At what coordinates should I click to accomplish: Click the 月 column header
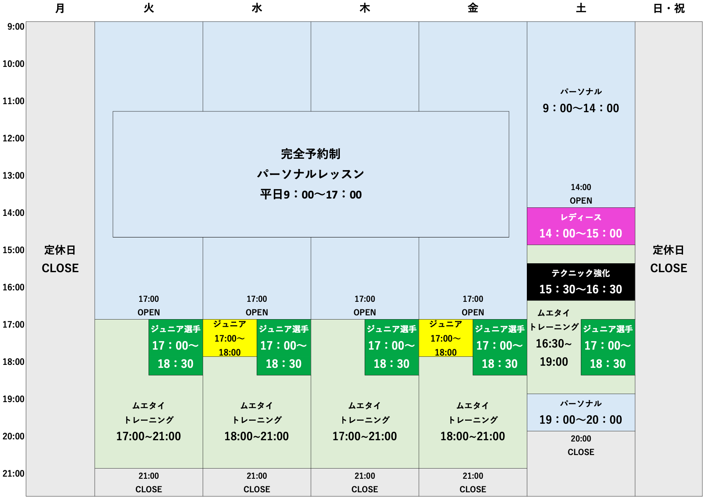[60, 8]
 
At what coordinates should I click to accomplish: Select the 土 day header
[581, 8]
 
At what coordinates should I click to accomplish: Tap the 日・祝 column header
[669, 8]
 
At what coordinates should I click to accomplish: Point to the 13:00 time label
[14, 176]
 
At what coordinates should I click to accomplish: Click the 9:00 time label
[16, 27]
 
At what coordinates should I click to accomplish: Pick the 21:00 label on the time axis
[14, 474]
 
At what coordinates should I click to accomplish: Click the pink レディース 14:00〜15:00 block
[581, 226]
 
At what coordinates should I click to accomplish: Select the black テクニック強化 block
[581, 282]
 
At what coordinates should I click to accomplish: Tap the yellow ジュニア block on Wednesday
[230, 338]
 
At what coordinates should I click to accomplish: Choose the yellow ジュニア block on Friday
[446, 338]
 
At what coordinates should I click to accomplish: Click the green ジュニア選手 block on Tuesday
[176, 347]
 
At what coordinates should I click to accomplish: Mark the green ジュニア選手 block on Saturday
[608, 347]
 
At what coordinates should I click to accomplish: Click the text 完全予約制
[311, 154]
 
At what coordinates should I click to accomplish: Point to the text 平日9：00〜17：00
[311, 195]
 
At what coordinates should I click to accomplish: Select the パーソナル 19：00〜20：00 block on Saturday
[581, 413]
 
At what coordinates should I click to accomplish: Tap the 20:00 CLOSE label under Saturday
[581, 445]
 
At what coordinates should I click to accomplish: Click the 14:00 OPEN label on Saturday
[581, 194]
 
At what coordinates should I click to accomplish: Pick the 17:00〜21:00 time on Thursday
[365, 436]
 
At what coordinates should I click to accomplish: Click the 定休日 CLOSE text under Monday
[60, 259]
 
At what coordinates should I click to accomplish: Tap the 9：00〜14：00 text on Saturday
[581, 108]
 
